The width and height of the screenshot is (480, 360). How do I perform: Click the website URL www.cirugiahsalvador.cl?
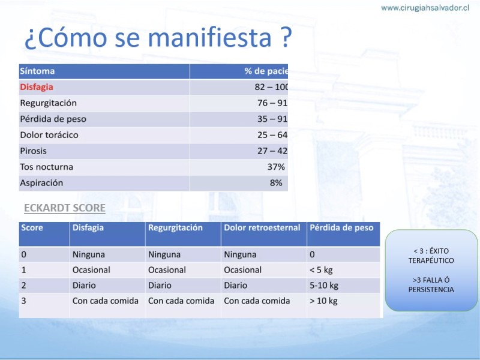[425, 8]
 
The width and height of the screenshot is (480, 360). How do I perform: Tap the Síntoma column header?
[37, 71]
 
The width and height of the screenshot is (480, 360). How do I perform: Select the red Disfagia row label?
[37, 87]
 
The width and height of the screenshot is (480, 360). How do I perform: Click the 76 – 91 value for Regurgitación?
[272, 103]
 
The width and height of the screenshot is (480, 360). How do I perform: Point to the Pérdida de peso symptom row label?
[53, 119]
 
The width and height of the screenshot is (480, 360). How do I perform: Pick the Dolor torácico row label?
[49, 134]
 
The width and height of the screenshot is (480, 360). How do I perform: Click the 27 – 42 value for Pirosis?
[272, 151]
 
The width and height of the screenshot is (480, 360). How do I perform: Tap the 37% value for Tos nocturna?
[276, 167]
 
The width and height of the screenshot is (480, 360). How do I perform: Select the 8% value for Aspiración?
[276, 183]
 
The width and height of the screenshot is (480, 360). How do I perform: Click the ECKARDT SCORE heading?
[65, 208]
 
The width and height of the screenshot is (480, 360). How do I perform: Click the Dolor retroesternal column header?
[262, 228]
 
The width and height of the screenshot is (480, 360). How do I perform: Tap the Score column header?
[32, 228]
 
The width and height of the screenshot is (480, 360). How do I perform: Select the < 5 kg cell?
[321, 270]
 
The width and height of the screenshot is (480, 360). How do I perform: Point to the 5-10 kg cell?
[324, 286]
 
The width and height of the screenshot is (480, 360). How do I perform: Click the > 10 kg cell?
[323, 301]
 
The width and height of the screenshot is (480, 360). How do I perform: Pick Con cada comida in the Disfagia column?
[106, 301]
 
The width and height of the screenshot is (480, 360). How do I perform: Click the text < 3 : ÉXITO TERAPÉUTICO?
[431, 256]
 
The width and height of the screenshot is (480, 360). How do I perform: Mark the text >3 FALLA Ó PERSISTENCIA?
[431, 284]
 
